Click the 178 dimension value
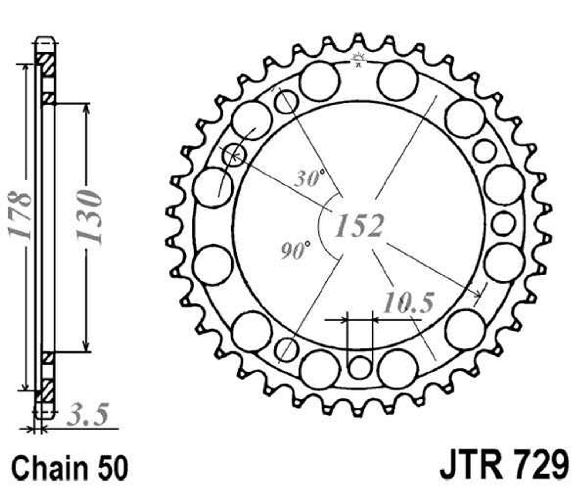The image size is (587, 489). click(19, 215)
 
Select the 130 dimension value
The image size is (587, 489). click(89, 216)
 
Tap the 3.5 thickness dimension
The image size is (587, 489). click(88, 415)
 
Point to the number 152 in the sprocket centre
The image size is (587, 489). click(360, 225)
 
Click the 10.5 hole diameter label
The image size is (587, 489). click(408, 302)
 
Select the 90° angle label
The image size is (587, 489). click(296, 251)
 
